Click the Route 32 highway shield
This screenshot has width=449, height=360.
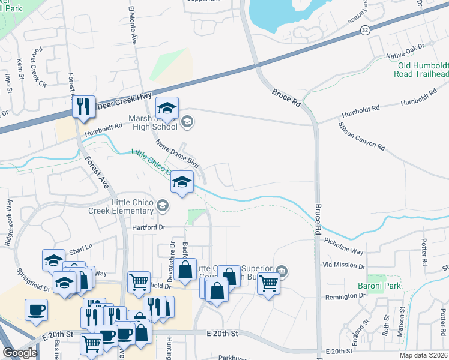365,29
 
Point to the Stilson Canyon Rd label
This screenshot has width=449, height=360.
361,136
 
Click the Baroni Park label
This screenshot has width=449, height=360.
384,286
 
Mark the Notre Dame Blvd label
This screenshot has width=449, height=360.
177,154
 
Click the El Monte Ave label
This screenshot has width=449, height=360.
132,25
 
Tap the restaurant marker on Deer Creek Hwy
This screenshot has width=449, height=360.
83,107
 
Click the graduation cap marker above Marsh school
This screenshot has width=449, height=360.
167,108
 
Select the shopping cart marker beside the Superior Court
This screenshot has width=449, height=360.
268,283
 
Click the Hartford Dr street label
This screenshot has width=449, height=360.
148,227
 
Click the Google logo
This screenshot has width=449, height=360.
20,353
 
